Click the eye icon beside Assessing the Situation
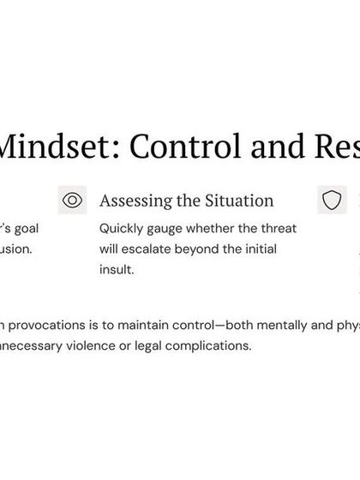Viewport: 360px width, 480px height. click(73, 201)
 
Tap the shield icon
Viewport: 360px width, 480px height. click(332, 201)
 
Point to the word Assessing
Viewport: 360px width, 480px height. click(134, 201)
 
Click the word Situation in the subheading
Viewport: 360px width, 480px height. click(242, 201)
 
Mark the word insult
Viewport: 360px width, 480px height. click(117, 269)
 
